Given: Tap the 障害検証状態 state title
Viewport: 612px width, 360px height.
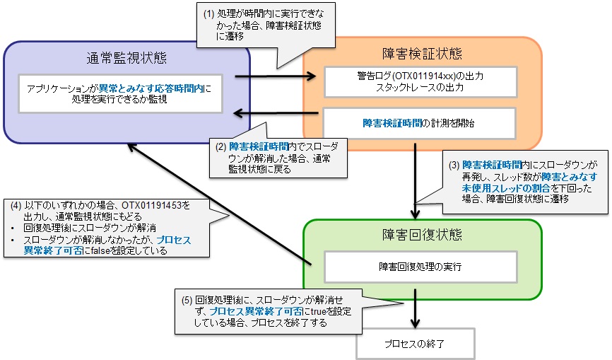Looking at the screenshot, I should click(x=421, y=54).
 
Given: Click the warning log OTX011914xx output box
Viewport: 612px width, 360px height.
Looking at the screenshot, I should click(x=420, y=81).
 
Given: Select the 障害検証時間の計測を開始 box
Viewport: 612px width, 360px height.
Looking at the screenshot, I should click(x=420, y=122).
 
